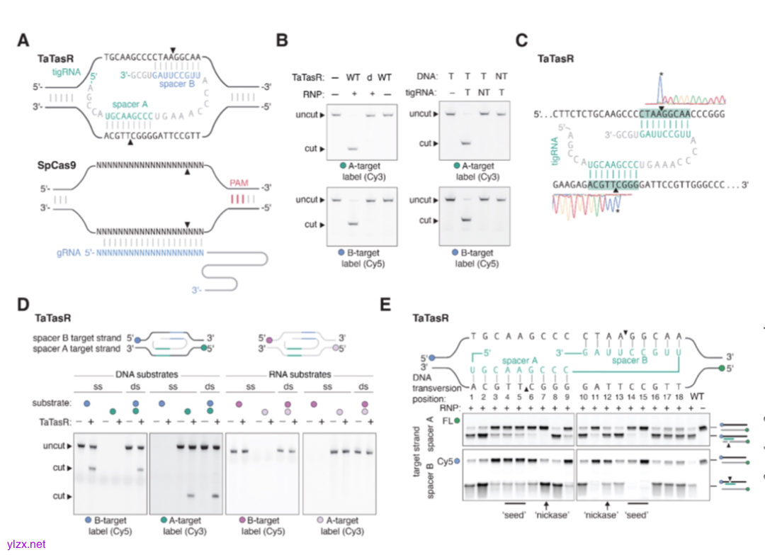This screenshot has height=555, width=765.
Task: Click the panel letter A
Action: (23, 40)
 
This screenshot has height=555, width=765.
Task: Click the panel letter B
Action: (281, 40)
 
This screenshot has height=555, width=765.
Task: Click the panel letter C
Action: (522, 40)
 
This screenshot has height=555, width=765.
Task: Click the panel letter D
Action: (23, 305)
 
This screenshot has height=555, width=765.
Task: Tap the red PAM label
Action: (239, 183)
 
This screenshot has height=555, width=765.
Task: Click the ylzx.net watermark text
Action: (23, 544)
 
